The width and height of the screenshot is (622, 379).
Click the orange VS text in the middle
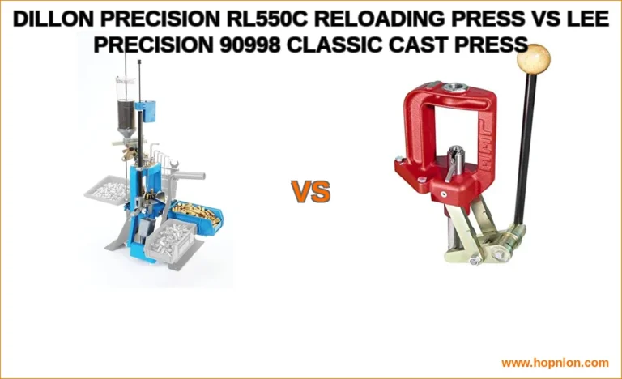(x=311, y=192)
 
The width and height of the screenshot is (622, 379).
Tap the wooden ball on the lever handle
(x=533, y=58)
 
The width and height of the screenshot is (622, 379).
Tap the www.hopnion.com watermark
(x=554, y=363)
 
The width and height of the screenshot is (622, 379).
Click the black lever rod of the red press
(x=524, y=154)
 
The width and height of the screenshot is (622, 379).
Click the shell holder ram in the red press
(x=454, y=158)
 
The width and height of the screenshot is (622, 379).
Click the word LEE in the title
(x=588, y=20)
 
